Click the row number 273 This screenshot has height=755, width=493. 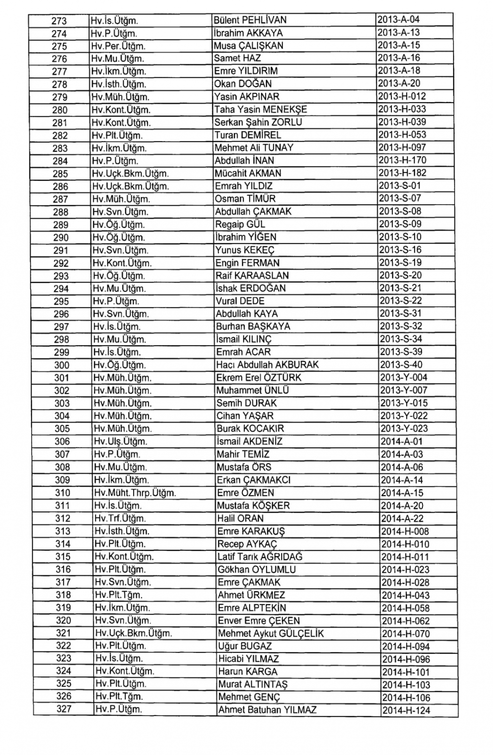[x=59, y=21]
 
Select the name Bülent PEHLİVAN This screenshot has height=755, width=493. [x=250, y=20]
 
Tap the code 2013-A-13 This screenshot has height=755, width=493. [x=398, y=33]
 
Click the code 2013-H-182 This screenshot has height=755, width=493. [x=402, y=173]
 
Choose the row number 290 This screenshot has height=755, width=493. [x=61, y=238]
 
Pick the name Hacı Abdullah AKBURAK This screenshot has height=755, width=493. [x=268, y=365]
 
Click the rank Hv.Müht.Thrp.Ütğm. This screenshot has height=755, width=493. [x=135, y=493]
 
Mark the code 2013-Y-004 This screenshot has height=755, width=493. [x=404, y=378]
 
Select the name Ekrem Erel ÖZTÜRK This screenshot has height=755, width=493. [x=259, y=378]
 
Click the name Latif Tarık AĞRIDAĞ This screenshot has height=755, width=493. [x=260, y=557]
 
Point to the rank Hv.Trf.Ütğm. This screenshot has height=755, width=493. [x=120, y=518]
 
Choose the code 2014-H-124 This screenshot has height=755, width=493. [x=406, y=710]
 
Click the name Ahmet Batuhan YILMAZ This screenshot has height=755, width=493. [x=268, y=710]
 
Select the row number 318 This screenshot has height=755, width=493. [x=63, y=595]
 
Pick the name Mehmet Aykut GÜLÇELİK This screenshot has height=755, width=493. [x=271, y=634]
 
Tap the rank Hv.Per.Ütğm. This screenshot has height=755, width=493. [x=118, y=46]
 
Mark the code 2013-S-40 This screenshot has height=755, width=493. [x=401, y=365]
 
